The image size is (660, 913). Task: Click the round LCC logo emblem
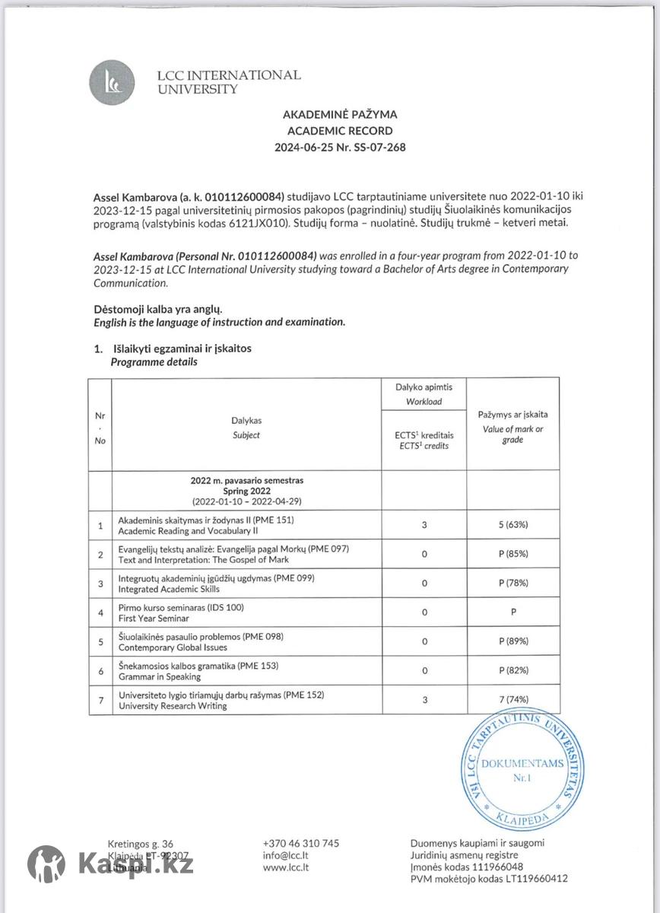(112, 81)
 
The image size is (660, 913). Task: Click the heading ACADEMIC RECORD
(340, 130)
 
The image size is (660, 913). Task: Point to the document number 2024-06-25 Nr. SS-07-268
(340, 147)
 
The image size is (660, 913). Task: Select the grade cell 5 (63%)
(513, 525)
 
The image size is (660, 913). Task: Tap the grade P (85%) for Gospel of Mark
(513, 554)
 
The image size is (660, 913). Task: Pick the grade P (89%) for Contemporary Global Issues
(513, 641)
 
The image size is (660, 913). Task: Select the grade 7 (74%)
(513, 700)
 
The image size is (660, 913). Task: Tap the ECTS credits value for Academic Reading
(424, 525)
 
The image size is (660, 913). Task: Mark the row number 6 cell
(100, 671)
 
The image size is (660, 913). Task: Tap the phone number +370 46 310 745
(300, 843)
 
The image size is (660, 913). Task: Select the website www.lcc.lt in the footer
(285, 867)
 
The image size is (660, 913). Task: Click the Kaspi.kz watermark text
(135, 864)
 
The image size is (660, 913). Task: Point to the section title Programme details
(154, 362)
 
